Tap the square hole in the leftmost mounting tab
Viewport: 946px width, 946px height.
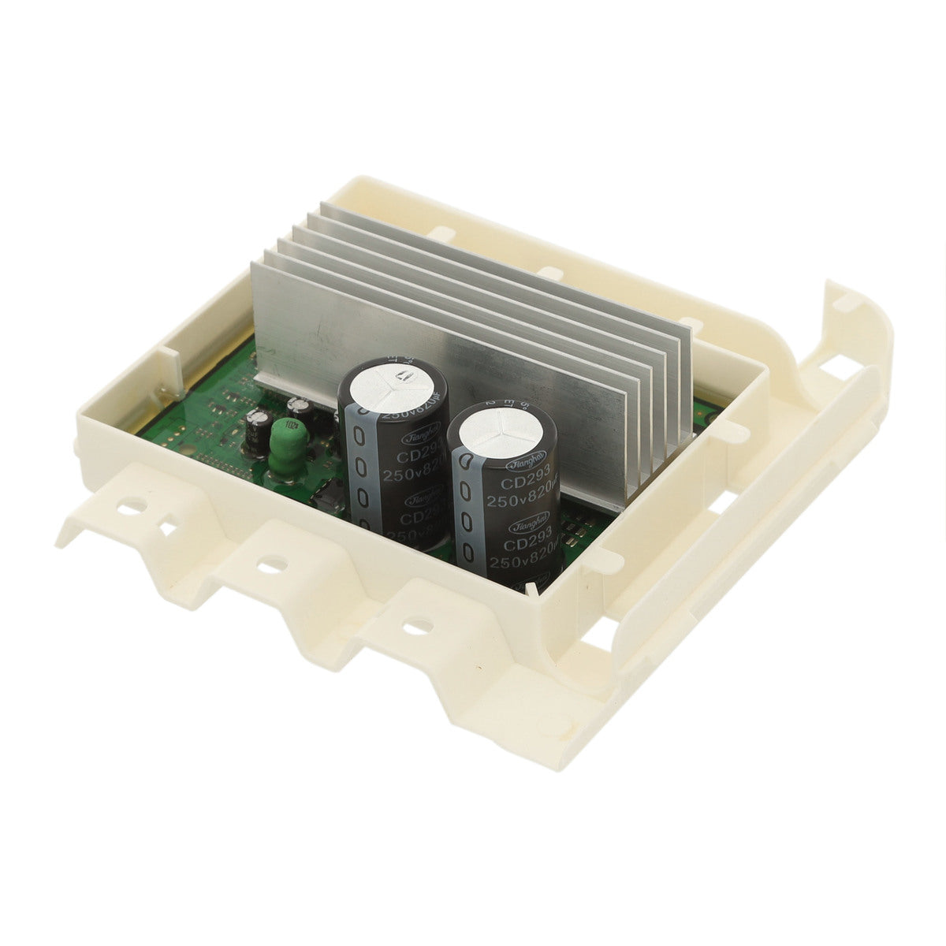tap(168, 523)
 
